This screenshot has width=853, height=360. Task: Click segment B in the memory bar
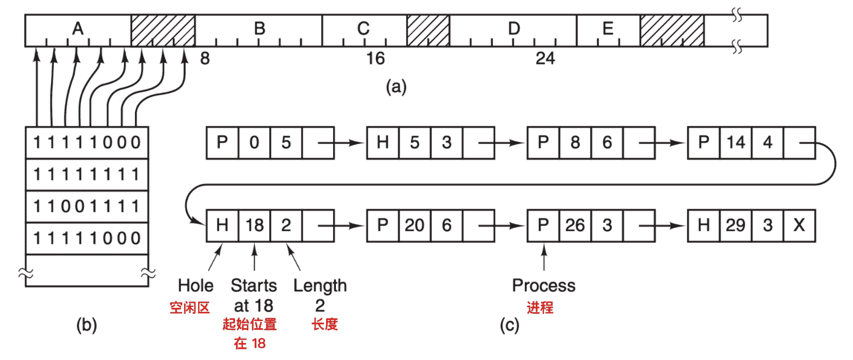pyautogui.click(x=259, y=30)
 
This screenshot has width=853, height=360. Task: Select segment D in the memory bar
pyautogui.click(x=513, y=30)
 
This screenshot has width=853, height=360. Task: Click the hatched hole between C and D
pyautogui.click(x=428, y=30)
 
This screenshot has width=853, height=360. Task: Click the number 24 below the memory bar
pyautogui.click(x=545, y=59)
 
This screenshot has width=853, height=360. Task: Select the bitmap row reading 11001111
pyautogui.click(x=87, y=206)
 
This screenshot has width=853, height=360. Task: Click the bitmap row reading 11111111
pyautogui.click(x=87, y=175)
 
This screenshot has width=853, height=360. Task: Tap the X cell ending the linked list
pyautogui.click(x=799, y=226)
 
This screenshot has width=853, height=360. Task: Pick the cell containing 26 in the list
pyautogui.click(x=575, y=226)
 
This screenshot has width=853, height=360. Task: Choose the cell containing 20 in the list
pyautogui.click(x=414, y=226)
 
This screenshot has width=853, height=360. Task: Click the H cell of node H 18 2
pyautogui.click(x=222, y=226)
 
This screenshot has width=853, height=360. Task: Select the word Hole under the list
pyautogui.click(x=195, y=285)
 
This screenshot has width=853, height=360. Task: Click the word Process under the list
pyautogui.click(x=543, y=285)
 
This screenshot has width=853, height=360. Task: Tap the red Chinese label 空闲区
pyautogui.click(x=190, y=307)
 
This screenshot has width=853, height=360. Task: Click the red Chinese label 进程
pyautogui.click(x=540, y=307)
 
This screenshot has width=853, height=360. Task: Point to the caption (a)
pyautogui.click(x=396, y=87)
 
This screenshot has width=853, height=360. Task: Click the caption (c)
pyautogui.click(x=509, y=326)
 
